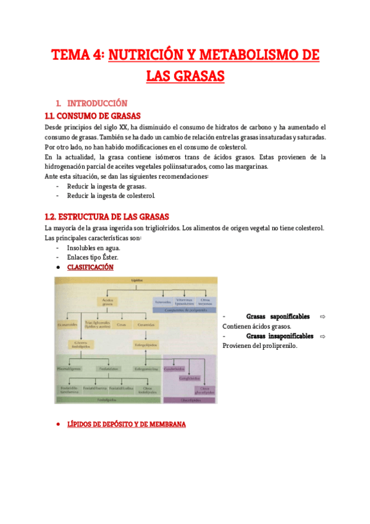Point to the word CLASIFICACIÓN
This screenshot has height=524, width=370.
[90, 267]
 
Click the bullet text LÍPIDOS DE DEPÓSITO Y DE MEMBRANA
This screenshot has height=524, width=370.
[126, 425]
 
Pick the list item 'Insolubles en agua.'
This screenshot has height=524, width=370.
[93, 248]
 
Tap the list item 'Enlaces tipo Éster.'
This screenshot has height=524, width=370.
[93, 257]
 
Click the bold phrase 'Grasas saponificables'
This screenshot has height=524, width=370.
[277, 317]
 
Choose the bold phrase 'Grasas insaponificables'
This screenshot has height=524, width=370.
[279, 336]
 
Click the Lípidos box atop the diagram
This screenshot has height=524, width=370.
[135, 281]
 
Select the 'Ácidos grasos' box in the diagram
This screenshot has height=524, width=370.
[109, 302]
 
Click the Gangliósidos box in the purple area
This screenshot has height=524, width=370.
[188, 378]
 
